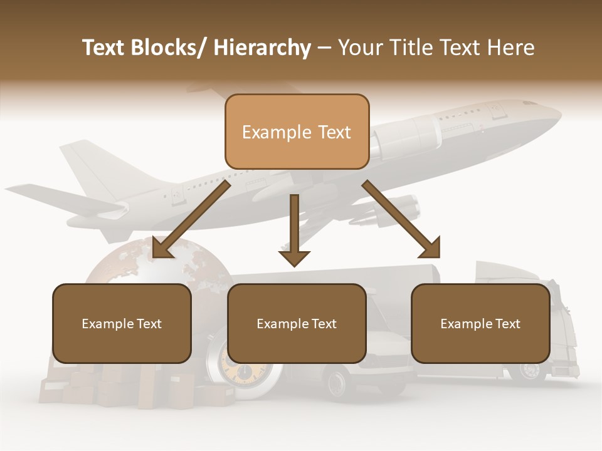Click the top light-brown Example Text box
(297, 132)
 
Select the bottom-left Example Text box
(122, 323)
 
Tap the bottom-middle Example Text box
(297, 323)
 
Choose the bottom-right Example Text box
(480, 323)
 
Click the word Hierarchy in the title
(262, 48)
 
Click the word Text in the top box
(332, 132)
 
